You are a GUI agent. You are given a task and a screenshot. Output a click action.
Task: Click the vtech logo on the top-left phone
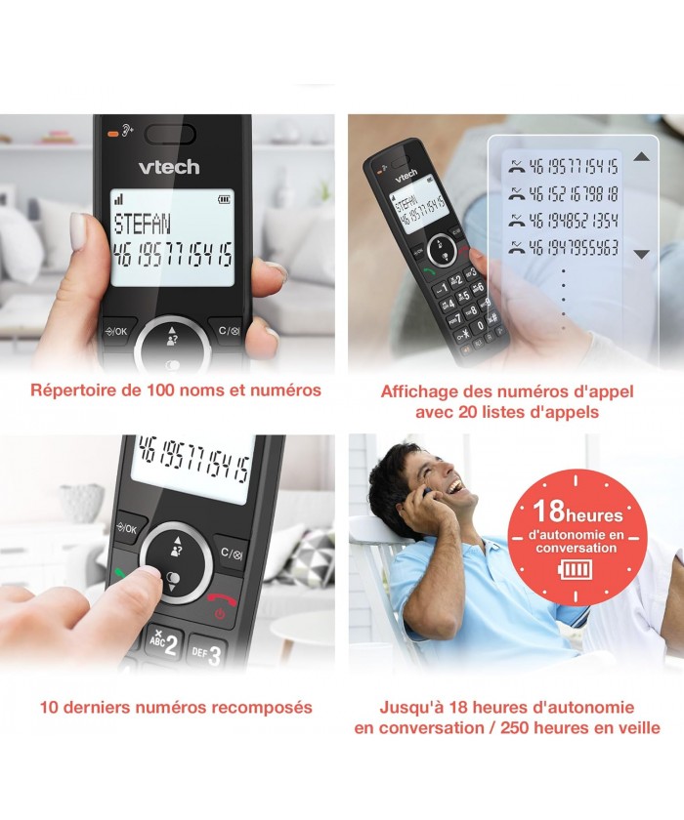[x=169, y=167]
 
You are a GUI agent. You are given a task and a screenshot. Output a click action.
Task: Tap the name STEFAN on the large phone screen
[x=143, y=224]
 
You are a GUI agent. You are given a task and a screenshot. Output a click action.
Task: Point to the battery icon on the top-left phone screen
[x=224, y=199]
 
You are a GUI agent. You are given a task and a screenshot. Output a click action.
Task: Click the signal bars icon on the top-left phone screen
[x=119, y=199]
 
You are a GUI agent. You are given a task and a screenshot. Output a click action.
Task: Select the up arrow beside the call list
[x=642, y=156]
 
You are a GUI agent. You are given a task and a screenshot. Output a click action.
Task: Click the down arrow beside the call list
[x=642, y=254]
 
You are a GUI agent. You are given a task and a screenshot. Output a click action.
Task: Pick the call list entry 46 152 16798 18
[x=564, y=194]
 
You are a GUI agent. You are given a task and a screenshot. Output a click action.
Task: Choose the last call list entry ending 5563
[x=564, y=247]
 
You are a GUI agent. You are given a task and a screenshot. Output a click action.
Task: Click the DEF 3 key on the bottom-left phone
[x=207, y=652]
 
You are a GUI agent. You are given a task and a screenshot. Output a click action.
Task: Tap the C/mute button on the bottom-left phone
[x=231, y=553]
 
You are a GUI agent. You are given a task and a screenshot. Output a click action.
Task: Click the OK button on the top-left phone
[x=117, y=331]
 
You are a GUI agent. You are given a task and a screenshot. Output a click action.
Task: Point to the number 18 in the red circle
[x=548, y=511]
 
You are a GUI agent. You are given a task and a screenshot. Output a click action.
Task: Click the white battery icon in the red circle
[x=576, y=569]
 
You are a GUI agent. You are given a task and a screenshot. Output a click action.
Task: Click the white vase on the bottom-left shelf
[x=82, y=503]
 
